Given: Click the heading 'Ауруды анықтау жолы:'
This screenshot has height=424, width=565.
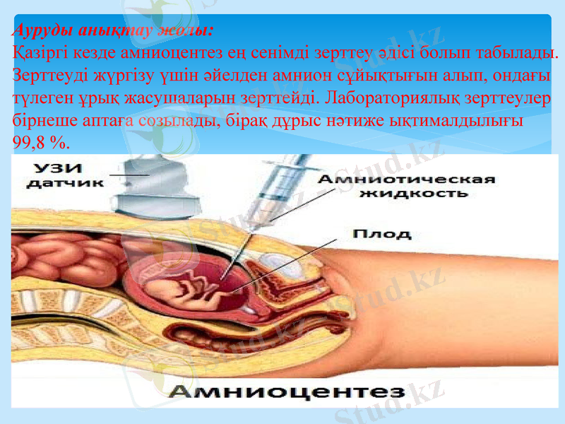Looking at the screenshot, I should pyautogui.click(x=114, y=31).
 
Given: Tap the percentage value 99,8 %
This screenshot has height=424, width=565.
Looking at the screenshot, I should pyautogui.click(x=40, y=142).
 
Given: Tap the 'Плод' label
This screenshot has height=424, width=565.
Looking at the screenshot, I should pyautogui.click(x=371, y=232).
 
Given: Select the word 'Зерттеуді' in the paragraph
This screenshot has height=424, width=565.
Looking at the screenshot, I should pyautogui.click(x=46, y=75).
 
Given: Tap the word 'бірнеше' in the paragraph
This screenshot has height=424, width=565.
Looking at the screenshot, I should pyautogui.click(x=42, y=120).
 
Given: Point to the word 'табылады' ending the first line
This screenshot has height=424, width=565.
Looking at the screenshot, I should pyautogui.click(x=519, y=52).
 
